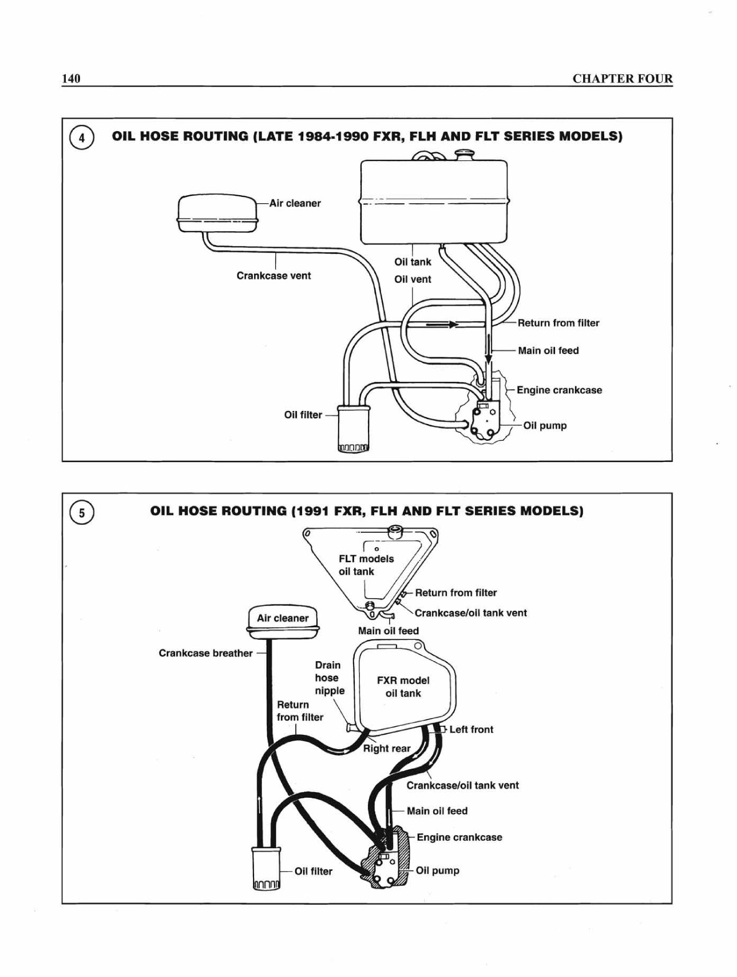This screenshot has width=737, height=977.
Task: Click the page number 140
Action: pos(71,78)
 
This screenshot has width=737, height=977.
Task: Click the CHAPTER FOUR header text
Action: pos(623,78)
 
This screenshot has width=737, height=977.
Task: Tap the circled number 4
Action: pos(81,138)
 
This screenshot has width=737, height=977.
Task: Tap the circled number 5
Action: pos(81,513)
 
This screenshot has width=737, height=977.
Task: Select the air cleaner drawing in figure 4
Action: pos(217,213)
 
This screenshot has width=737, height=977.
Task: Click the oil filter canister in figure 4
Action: pos(354,428)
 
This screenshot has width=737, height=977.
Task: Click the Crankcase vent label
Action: pos(274,275)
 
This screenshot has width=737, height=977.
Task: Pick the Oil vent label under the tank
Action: pos(413,279)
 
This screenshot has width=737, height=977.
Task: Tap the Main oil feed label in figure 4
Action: pos(548,350)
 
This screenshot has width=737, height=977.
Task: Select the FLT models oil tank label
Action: pos(366,565)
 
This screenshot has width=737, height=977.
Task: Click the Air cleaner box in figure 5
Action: pos(283,619)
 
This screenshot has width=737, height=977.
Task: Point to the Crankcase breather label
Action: pos(205,653)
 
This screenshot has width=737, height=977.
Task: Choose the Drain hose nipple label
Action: pos(330,678)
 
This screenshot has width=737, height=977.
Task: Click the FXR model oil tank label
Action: pos(403,687)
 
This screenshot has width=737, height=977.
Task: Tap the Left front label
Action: pos(471,729)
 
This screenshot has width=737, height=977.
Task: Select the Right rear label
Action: pos(387,748)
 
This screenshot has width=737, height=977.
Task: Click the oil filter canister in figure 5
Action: pos(267,869)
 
